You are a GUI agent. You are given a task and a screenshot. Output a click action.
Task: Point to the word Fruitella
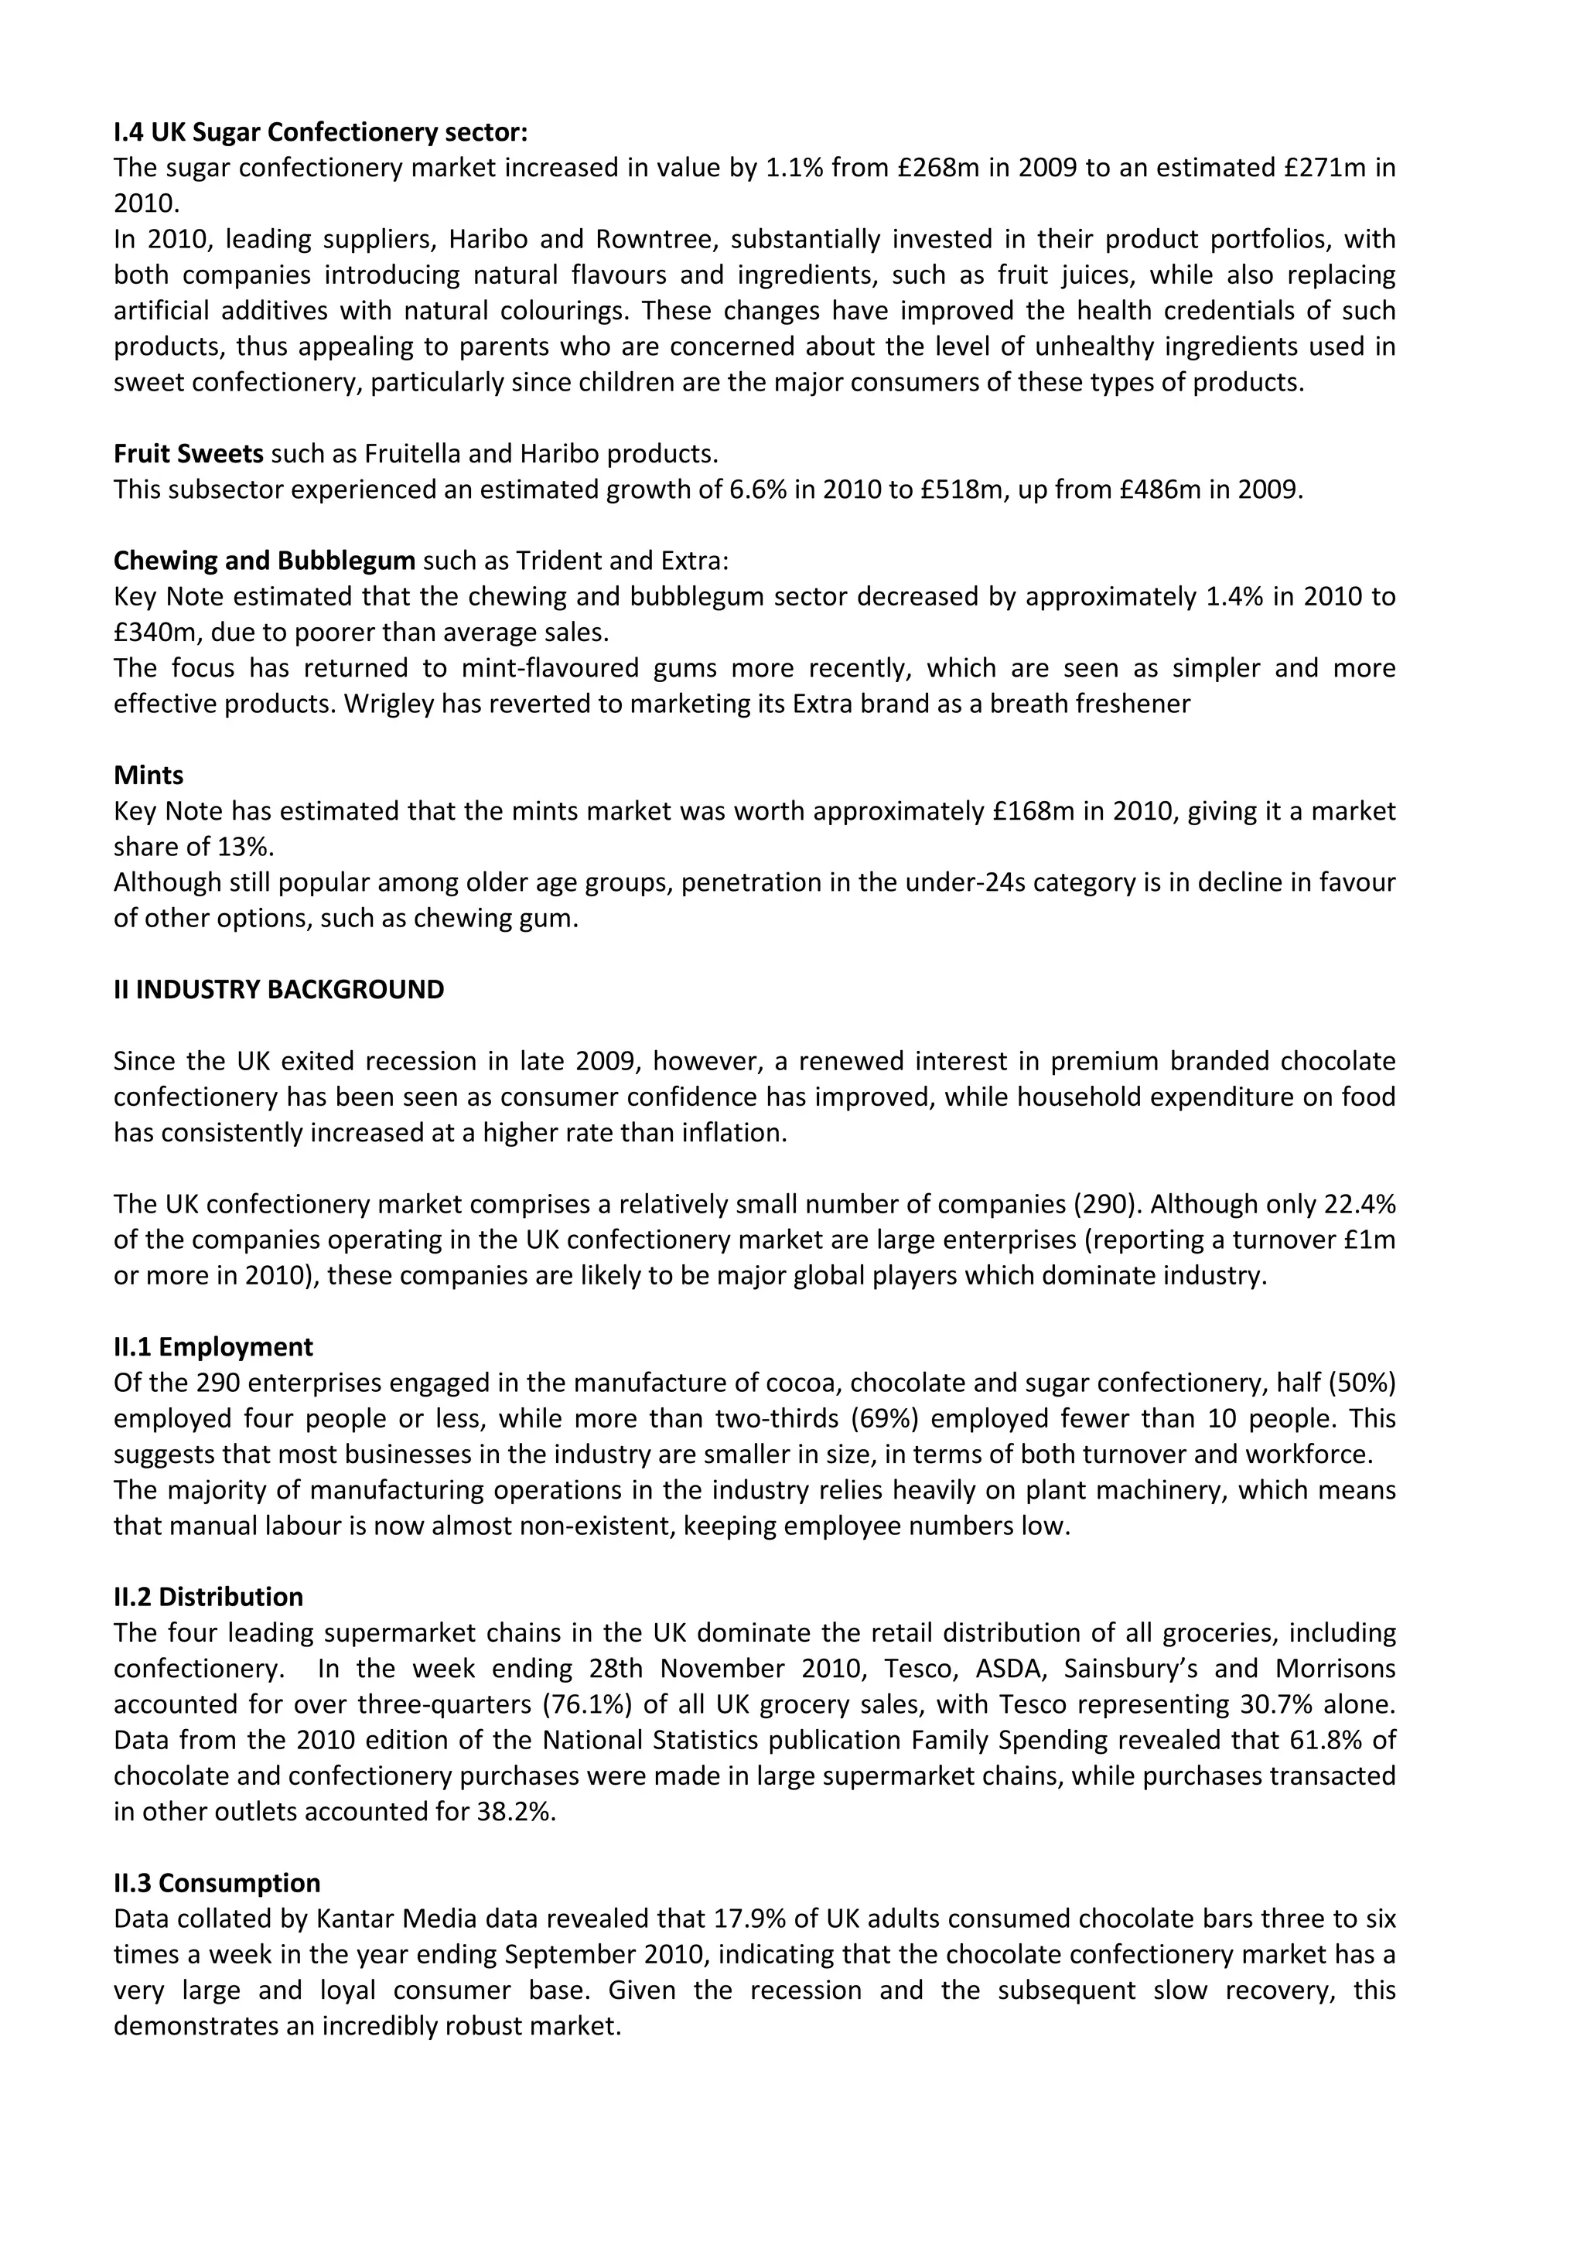[408, 454]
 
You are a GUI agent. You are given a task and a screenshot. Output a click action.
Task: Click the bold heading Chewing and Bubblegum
[265, 561]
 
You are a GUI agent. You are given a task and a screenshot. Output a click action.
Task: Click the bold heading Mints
[148, 775]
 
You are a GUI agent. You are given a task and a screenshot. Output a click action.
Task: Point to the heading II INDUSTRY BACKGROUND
[278, 990]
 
